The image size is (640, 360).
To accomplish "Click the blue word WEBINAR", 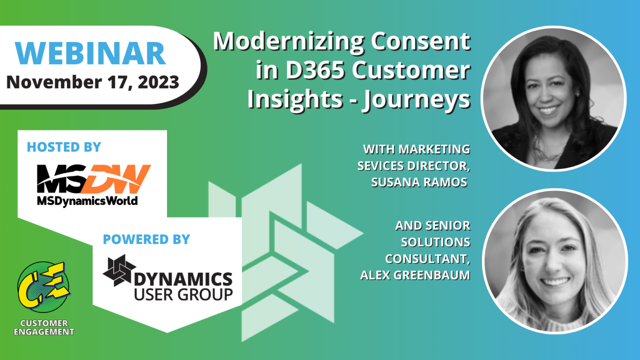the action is (x=90, y=53).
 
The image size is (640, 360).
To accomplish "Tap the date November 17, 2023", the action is (x=92, y=82).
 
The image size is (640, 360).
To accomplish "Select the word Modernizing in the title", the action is (x=289, y=42).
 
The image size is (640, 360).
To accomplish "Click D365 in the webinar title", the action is (x=315, y=70).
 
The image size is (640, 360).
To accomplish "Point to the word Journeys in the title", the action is (x=416, y=100).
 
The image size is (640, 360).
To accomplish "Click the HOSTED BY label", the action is (x=64, y=147).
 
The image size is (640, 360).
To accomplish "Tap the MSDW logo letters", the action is (x=94, y=179).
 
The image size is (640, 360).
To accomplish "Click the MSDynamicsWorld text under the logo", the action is (x=87, y=201).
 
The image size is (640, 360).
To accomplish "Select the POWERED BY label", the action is (x=146, y=240).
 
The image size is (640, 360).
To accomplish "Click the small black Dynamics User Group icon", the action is (x=119, y=270).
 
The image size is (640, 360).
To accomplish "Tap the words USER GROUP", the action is (x=183, y=294).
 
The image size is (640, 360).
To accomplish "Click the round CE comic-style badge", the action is (x=44, y=287).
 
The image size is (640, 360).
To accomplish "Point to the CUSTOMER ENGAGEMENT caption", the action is (x=44, y=327).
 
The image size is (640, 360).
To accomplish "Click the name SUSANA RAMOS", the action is (x=419, y=182).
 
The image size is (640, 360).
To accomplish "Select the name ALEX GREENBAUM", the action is (x=415, y=275).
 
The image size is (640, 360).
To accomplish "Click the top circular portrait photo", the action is (x=554, y=99).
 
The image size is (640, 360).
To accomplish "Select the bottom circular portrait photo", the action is (x=555, y=261).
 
